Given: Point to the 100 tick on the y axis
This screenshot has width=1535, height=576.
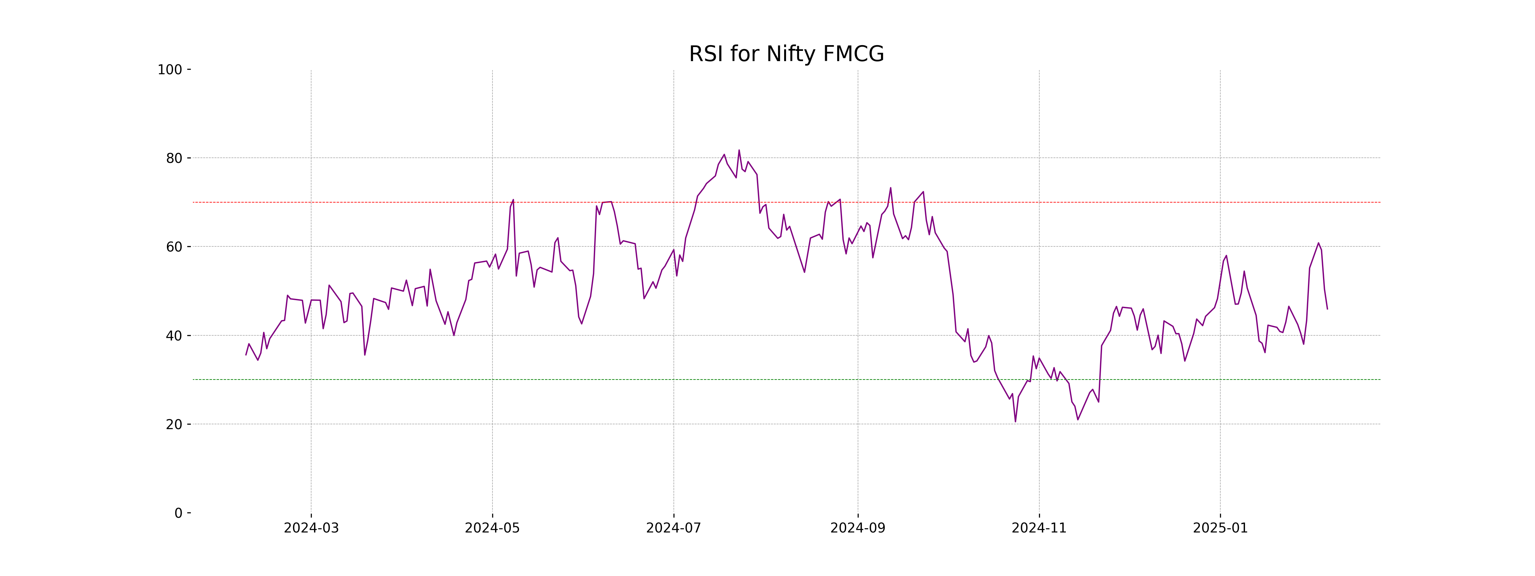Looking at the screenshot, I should (170, 70).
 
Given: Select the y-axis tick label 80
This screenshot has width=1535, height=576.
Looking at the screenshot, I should (174, 159).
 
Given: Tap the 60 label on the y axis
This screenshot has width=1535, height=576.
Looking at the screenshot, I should (174, 247).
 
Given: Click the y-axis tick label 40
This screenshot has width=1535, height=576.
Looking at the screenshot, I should (174, 336).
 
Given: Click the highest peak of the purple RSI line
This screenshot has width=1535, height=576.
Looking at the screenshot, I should (739, 150).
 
